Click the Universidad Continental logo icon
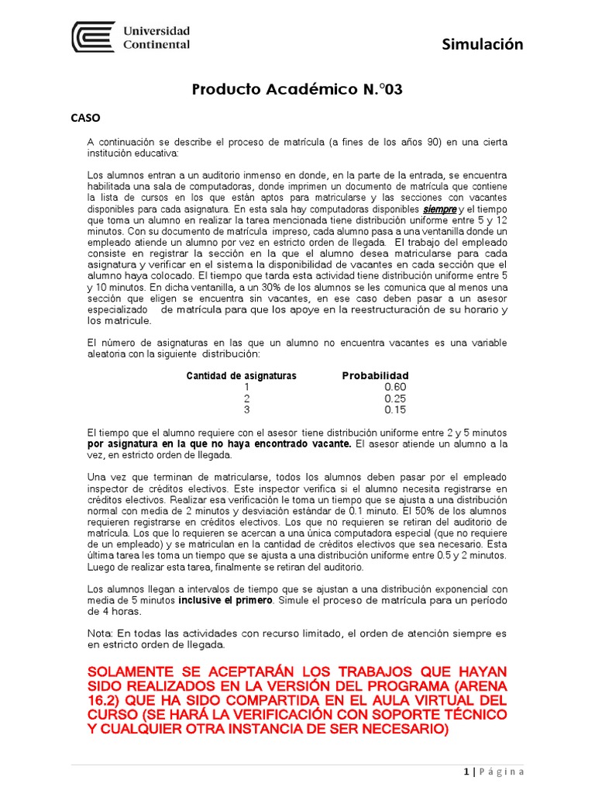(94, 36)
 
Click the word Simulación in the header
(483, 44)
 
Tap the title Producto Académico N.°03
(297, 90)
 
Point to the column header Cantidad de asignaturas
(241, 376)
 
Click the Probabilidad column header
(375, 376)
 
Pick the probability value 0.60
(395, 387)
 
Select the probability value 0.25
(395, 399)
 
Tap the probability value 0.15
(395, 410)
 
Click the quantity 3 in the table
(246, 410)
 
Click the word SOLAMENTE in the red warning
(132, 669)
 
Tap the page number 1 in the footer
(466, 772)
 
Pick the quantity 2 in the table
(246, 399)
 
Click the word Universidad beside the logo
(156, 31)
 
